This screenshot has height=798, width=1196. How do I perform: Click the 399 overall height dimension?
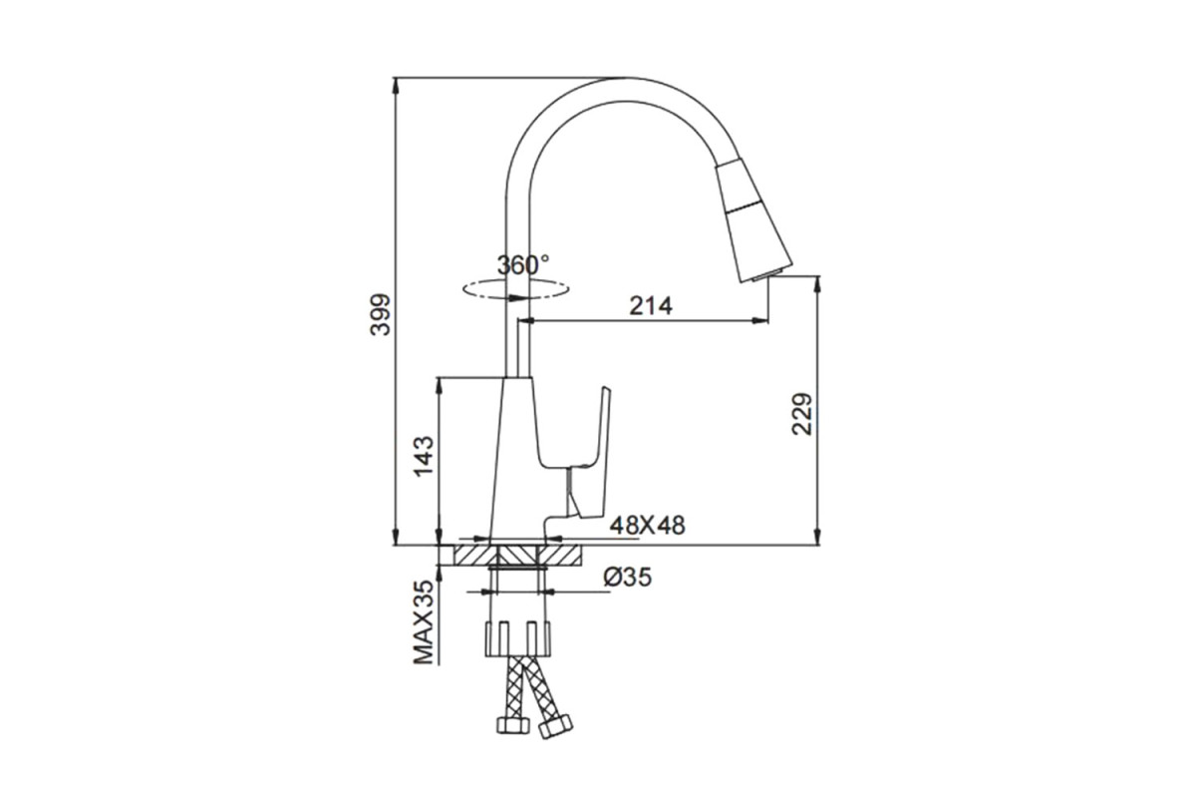click(380, 314)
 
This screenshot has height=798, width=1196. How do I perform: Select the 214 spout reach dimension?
click(651, 306)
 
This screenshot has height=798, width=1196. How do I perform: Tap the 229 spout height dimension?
click(801, 414)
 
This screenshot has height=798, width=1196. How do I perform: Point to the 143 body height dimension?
click(424, 456)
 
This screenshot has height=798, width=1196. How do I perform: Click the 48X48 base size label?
click(647, 526)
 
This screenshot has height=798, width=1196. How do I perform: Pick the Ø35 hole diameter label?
click(627, 578)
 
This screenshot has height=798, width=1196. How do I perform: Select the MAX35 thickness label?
click(425, 622)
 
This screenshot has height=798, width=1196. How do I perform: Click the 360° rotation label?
click(522, 265)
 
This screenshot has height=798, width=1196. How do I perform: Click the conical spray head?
click(753, 220)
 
